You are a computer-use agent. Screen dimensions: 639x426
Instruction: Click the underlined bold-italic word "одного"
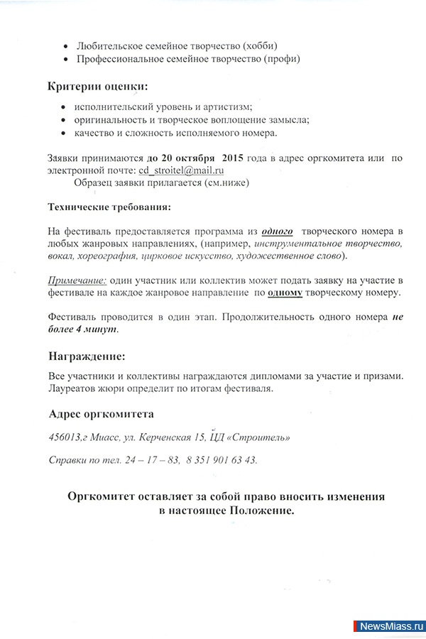(278, 231)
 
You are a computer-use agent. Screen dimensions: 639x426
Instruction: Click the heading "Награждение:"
(86, 356)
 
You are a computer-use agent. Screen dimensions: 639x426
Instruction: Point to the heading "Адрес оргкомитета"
(100, 414)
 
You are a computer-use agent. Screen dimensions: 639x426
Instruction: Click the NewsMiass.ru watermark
(390, 626)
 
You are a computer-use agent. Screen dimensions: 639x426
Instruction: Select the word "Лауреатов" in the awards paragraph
(74, 388)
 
